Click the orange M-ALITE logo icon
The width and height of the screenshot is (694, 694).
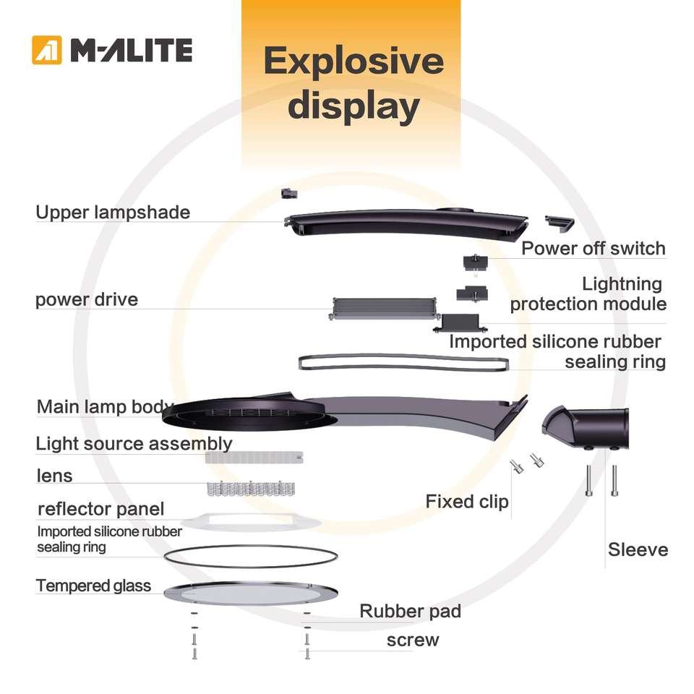47,50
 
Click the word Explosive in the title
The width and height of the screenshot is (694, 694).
354,61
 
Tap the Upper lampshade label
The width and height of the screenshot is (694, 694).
113,213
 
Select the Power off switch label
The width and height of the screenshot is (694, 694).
593,248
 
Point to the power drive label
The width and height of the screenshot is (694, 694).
87,300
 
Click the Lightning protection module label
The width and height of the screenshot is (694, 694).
588,294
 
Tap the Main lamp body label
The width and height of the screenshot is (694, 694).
105,407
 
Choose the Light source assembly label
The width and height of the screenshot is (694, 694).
134,443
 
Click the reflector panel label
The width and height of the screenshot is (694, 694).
101,509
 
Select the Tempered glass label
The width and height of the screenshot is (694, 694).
93,586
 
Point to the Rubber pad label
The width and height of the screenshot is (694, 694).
411,612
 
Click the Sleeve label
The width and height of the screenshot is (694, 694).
638,549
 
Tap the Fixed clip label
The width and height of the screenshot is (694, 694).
467,502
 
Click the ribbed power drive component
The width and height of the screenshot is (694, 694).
384,309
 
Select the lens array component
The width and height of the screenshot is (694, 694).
251,488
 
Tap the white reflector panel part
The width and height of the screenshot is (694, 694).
251,522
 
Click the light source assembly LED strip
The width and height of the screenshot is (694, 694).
254,458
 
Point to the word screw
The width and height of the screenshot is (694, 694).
413,641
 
